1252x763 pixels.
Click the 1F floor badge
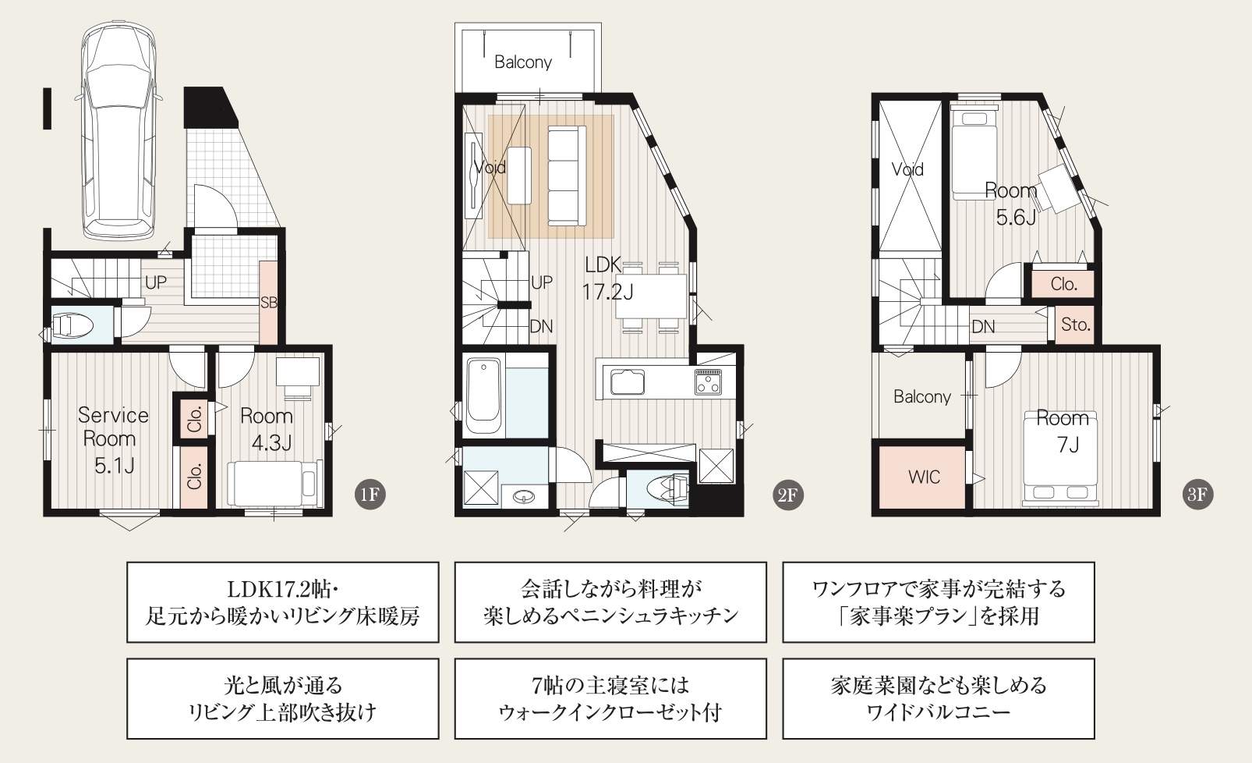[x=370, y=494]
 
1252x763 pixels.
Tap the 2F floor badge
[x=787, y=494]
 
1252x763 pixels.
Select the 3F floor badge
[x=1197, y=494]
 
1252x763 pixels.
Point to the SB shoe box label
[x=269, y=303]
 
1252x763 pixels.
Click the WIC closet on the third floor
[x=924, y=477]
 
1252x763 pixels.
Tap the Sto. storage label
[x=1076, y=325]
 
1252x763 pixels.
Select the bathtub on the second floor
[x=483, y=396]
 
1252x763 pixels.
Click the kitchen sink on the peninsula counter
[x=627, y=381]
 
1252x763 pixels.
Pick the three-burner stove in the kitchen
[x=709, y=381]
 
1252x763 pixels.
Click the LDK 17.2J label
[x=607, y=278]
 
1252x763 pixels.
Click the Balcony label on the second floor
[x=523, y=62]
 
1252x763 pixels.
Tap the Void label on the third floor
[x=907, y=169]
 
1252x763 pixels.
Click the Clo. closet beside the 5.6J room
[x=1063, y=284]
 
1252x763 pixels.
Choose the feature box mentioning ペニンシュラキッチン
[x=610, y=602]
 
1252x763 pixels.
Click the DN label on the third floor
[x=983, y=326]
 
